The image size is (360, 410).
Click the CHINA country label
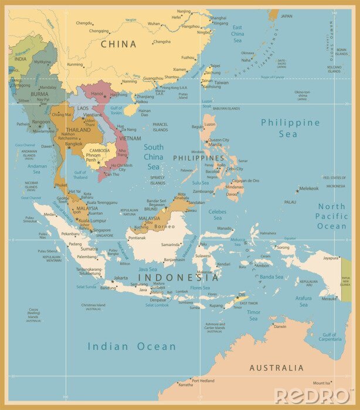click(x=118, y=44)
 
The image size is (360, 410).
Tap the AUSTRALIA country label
click(x=277, y=368)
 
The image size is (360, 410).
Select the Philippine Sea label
click(x=291, y=128)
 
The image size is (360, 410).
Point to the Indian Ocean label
click(x=132, y=346)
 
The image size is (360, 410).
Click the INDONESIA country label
click(x=178, y=277)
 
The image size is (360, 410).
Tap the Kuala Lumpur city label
click(x=90, y=220)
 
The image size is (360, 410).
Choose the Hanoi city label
click(x=97, y=93)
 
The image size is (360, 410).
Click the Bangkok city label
click(x=73, y=143)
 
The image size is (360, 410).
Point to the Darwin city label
click(x=280, y=326)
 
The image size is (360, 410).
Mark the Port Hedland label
click(x=203, y=380)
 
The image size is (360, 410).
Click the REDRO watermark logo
click(x=313, y=395)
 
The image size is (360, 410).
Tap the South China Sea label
click(x=154, y=156)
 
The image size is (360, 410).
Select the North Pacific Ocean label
click(x=332, y=216)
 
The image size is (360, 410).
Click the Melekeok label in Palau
click(x=308, y=188)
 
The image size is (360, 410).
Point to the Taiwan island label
click(x=221, y=83)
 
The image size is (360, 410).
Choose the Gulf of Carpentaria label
click(x=330, y=336)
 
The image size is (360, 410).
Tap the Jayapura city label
click(x=331, y=258)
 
